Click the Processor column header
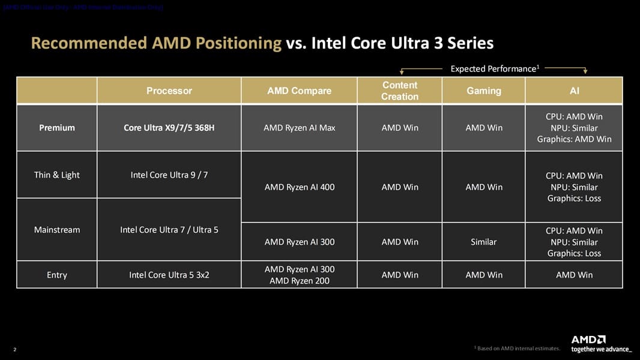(169, 91)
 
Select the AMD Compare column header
(299, 91)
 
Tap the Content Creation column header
(400, 91)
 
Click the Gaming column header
(484, 91)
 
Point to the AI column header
(574, 91)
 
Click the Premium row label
(57, 128)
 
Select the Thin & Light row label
(57, 175)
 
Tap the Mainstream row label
(57, 230)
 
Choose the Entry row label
(57, 275)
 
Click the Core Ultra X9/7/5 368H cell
(169, 128)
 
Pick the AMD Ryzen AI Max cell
(299, 128)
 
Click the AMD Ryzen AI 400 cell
(299, 187)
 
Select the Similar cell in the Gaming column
(484, 242)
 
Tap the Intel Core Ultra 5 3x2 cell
(169, 275)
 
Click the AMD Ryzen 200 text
(299, 281)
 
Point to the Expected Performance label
(494, 69)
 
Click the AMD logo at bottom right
(588, 340)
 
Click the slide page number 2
(14, 350)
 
